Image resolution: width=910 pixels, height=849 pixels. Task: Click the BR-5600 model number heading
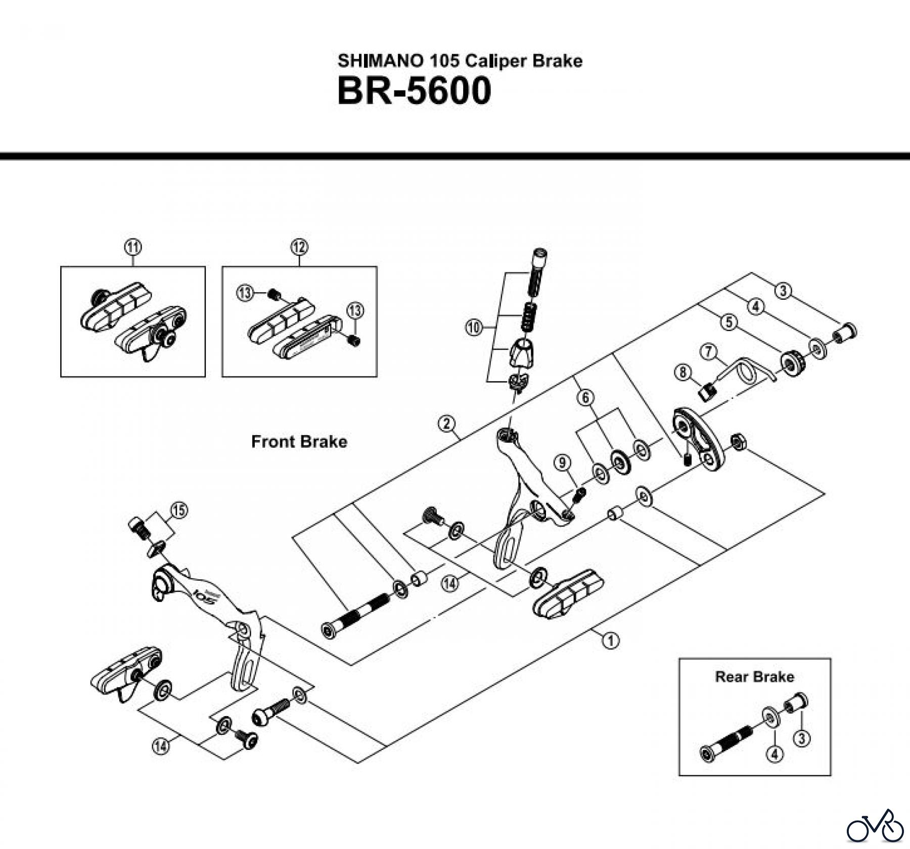(414, 91)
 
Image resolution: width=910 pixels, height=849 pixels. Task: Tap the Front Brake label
(299, 442)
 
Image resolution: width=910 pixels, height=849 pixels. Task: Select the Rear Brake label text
(754, 677)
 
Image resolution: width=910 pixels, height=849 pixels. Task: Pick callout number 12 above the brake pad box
(299, 247)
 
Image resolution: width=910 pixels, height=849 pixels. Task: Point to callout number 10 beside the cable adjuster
(474, 327)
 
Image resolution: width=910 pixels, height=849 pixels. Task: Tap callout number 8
(683, 373)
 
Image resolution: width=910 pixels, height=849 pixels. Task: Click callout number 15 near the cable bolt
(178, 510)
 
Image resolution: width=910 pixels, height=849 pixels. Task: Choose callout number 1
(611, 640)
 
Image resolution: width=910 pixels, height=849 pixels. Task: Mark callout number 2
(447, 423)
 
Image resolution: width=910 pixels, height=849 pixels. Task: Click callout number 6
(586, 398)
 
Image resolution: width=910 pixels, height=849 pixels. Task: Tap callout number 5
(729, 322)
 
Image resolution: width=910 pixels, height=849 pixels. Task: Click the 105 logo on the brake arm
(205, 594)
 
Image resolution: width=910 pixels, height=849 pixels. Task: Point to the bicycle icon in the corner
(875, 826)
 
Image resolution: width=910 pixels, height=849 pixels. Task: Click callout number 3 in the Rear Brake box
(802, 739)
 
